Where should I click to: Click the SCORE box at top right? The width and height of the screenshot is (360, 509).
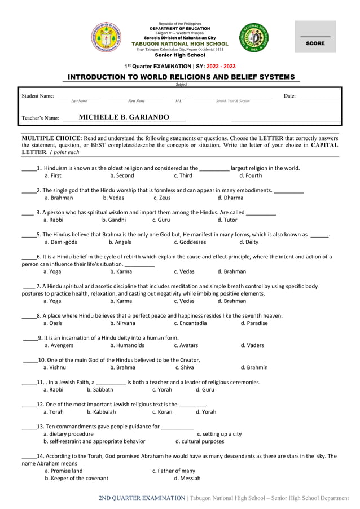tap(315, 37)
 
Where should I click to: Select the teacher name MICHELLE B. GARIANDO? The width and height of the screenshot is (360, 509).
tap(124, 117)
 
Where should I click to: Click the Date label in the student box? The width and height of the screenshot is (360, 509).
tap(289, 96)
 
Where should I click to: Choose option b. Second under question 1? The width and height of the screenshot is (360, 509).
tap(122, 175)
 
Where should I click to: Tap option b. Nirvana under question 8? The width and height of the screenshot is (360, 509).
tap(122, 323)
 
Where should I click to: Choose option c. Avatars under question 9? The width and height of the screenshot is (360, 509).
tap(186, 345)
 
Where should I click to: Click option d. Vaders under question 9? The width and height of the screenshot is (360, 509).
tap(252, 345)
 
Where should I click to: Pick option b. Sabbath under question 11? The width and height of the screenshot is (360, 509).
tap(100, 389)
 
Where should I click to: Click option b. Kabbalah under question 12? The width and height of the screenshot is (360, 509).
tap(101, 412)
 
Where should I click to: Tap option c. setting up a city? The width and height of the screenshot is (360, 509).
tap(219, 434)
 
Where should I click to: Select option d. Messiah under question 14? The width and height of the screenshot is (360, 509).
tap(187, 478)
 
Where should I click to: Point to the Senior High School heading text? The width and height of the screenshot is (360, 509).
tap(179, 55)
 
